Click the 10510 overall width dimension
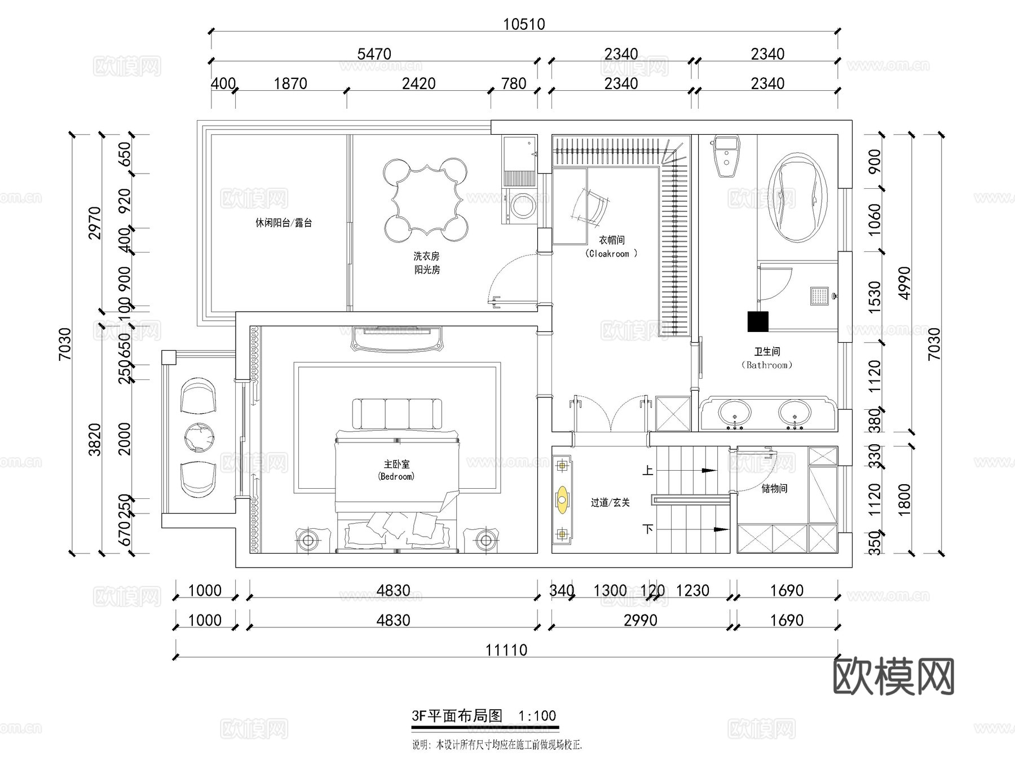pyautogui.click(x=524, y=24)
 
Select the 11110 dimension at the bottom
pyautogui.click(x=506, y=650)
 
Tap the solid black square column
pyautogui.click(x=758, y=321)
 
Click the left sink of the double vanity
pyautogui.click(x=734, y=413)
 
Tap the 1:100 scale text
pyautogui.click(x=537, y=716)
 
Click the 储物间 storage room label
pyautogui.click(x=774, y=489)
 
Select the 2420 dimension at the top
pyautogui.click(x=418, y=83)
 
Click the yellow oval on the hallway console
pyautogui.click(x=562, y=499)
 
